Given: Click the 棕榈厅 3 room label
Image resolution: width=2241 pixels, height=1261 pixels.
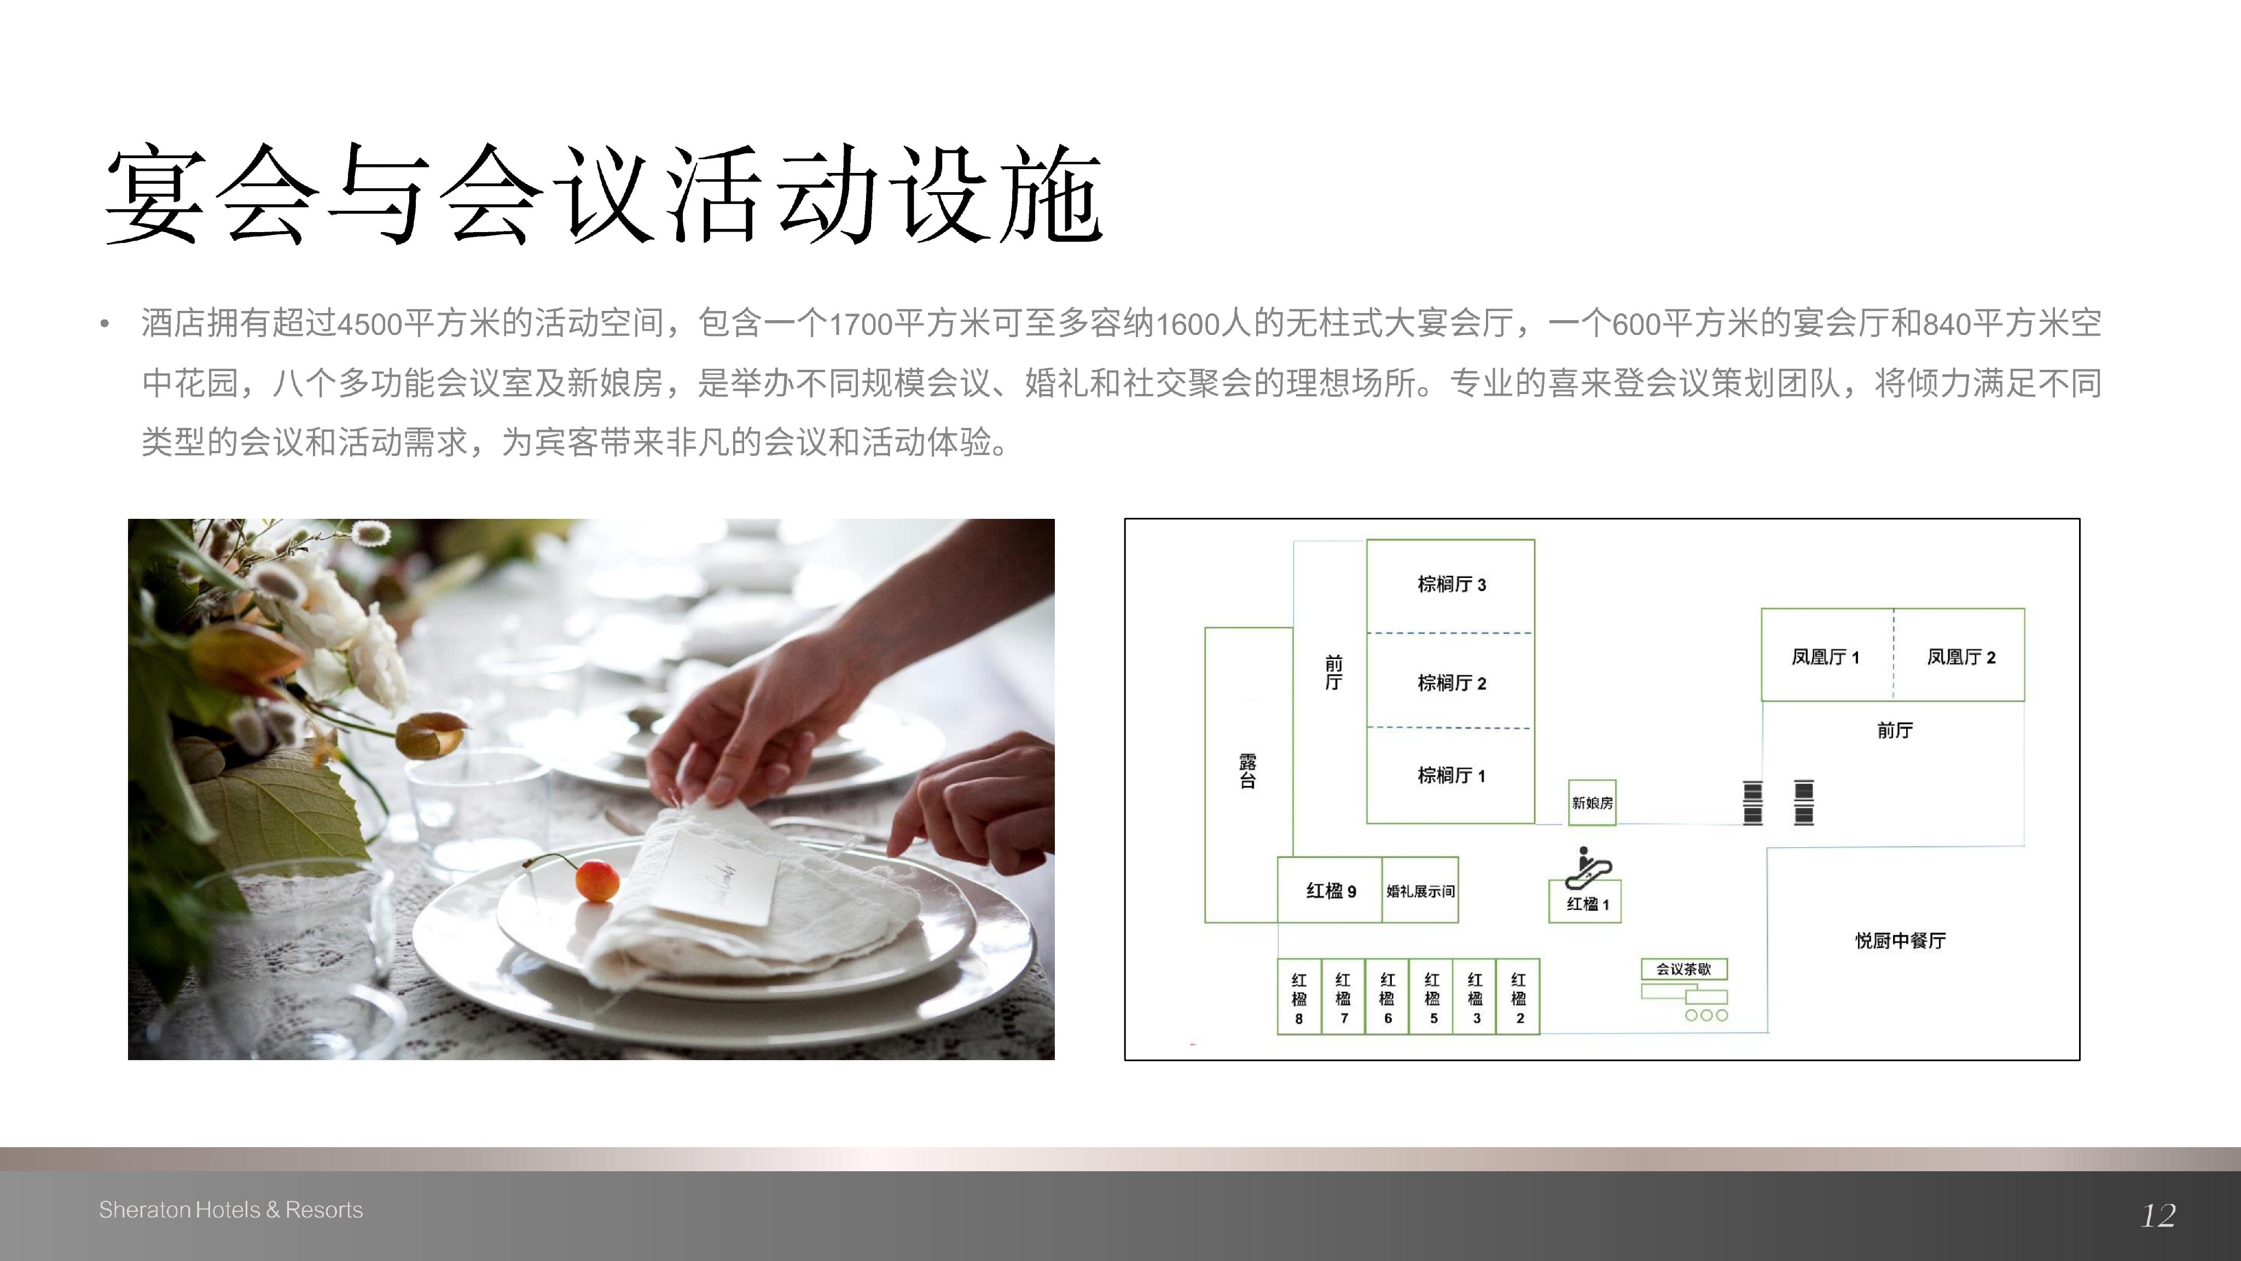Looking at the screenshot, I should coord(1451,584).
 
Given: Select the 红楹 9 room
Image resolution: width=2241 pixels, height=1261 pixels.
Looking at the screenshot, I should coord(1330,890).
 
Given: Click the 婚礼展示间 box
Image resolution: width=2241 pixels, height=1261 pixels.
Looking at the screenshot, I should coord(1420,890).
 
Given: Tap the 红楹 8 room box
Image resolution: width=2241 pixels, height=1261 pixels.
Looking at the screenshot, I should coord(1299,997).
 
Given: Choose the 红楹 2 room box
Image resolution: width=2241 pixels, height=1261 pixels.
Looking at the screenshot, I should coord(1518,997).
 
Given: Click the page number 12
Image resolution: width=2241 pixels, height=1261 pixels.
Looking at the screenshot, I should coord(2158,1215).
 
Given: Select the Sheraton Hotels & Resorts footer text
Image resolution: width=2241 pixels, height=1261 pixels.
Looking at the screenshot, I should coord(230,1210).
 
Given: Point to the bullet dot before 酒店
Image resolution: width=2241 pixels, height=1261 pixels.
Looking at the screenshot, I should coord(105,325).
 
